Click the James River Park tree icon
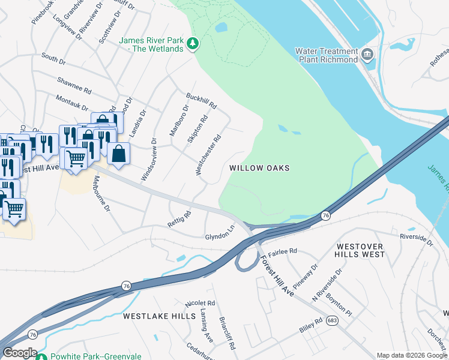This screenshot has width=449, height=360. click(x=193, y=43)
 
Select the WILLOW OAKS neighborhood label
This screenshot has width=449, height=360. click(x=259, y=168)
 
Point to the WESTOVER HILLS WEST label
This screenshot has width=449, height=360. click(x=360, y=250)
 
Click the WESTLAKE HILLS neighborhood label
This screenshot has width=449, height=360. click(x=159, y=316)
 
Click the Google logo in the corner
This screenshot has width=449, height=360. click(x=19, y=353)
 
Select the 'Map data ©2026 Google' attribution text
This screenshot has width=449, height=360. click(x=411, y=355)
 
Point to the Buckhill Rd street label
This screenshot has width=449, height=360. click(x=200, y=100)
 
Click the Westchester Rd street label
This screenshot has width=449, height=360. click(x=209, y=155)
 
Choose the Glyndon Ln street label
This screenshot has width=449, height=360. click(x=219, y=232)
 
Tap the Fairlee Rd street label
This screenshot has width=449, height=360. click(x=283, y=251)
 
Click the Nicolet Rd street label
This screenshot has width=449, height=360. click(x=200, y=304)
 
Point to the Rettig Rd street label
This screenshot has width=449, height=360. click(x=179, y=220)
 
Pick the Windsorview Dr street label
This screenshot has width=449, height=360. click(x=148, y=160)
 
